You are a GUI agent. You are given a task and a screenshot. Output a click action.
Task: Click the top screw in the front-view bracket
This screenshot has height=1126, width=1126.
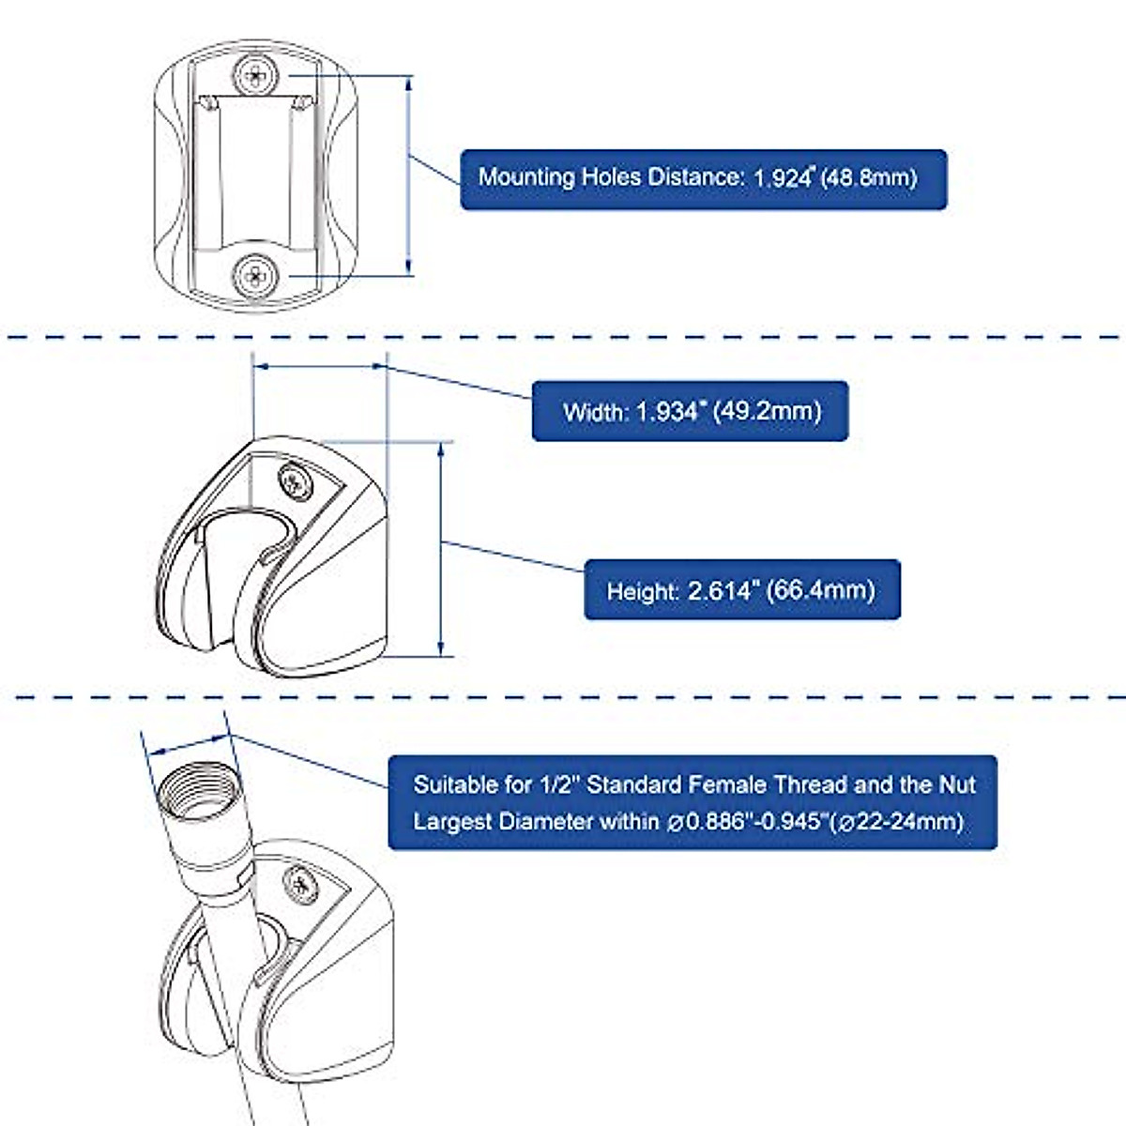point(255,75)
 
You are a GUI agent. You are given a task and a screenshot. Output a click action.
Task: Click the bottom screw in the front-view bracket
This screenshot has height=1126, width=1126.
point(255,275)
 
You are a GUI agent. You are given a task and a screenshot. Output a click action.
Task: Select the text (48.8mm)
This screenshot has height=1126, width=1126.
point(870,177)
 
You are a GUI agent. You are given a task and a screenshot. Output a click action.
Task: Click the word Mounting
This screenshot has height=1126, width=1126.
point(526,177)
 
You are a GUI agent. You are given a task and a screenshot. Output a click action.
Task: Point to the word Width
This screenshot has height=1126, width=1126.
point(595,412)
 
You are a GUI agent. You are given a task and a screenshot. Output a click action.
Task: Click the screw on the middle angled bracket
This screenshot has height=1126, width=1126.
point(297,481)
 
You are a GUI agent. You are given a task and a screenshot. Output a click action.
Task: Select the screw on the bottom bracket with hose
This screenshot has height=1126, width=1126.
point(301,885)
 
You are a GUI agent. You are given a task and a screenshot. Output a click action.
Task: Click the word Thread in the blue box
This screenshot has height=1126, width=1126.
point(806,784)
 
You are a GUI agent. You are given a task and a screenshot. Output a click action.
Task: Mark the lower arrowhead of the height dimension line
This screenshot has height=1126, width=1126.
point(441,649)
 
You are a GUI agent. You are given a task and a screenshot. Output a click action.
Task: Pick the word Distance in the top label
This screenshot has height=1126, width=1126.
point(694,177)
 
